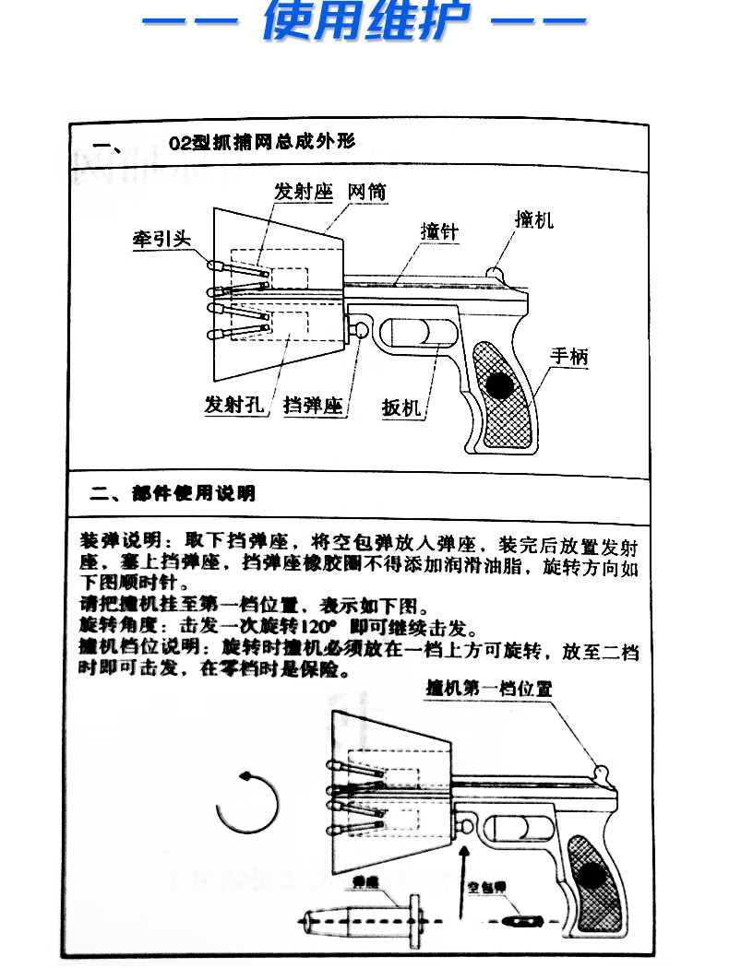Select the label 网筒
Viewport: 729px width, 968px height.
(x=366, y=192)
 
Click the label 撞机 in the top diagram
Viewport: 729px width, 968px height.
(x=533, y=219)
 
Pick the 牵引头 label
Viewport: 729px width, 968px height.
(x=160, y=238)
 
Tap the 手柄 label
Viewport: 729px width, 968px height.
(x=568, y=356)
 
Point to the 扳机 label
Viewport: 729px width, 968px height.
(x=401, y=407)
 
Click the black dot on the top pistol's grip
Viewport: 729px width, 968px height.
(x=502, y=385)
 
